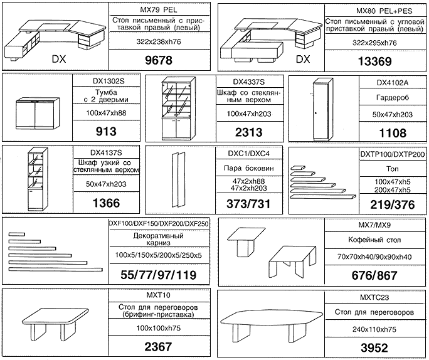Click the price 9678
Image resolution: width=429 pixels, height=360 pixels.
click(159, 60)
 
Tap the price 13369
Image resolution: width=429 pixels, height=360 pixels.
click(375, 61)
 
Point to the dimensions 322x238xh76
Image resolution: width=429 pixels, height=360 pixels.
click(159, 41)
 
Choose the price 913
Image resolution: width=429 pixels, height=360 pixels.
click(106, 132)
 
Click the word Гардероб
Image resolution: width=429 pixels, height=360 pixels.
click(393, 98)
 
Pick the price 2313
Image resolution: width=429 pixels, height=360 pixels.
click(249, 132)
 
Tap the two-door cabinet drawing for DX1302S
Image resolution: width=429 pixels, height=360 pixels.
click(38, 114)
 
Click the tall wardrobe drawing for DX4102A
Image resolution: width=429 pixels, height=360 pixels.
click(323, 109)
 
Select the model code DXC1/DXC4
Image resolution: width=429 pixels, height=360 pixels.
click(249, 154)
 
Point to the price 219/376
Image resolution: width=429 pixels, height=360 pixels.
click(393, 205)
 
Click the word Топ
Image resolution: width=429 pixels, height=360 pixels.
click(393, 169)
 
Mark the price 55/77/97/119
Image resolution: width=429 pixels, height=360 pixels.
click(159, 275)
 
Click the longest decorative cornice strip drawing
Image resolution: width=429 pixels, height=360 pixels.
click(56, 270)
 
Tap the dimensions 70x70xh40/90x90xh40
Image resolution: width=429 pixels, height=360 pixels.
click(374, 257)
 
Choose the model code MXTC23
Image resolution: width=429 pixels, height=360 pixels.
click(374, 297)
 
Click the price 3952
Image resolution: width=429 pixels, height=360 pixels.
click(374, 348)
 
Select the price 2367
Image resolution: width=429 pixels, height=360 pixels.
click(158, 347)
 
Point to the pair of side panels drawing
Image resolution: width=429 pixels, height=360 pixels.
click(178, 181)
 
